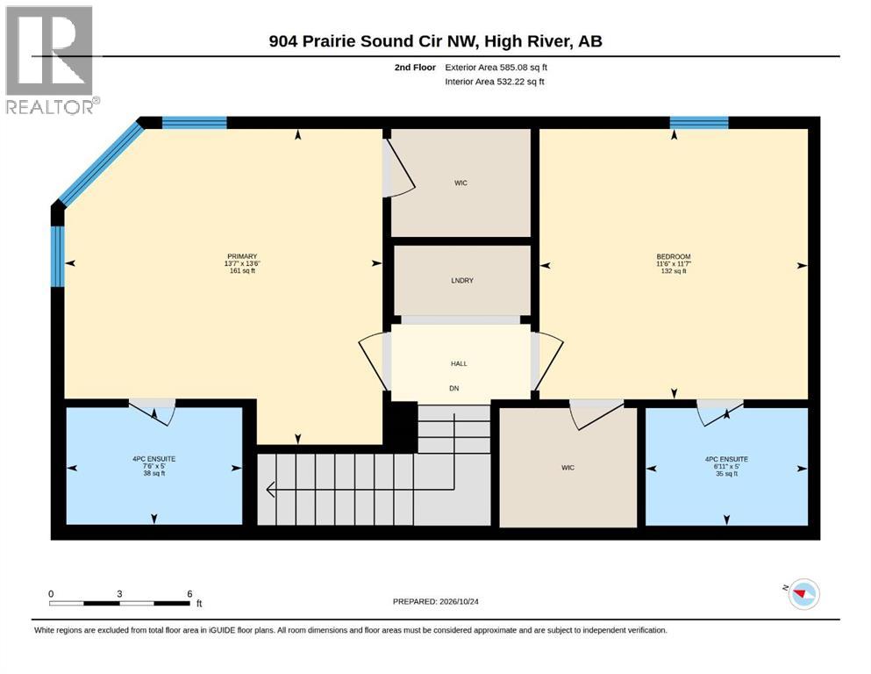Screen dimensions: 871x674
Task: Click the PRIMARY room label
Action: click(x=242, y=256)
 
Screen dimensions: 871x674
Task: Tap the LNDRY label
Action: click(x=462, y=281)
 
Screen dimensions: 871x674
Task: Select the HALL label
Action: click(x=459, y=363)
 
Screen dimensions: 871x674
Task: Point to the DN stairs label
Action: click(x=453, y=389)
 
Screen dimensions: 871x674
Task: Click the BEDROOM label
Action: click(x=674, y=257)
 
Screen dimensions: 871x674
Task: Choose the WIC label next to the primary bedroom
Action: click(x=460, y=183)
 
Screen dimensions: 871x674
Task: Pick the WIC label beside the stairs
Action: click(x=568, y=467)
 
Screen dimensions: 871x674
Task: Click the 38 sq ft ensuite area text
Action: click(x=153, y=473)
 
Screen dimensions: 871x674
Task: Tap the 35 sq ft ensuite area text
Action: click(x=726, y=474)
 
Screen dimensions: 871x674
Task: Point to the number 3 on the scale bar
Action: click(x=119, y=593)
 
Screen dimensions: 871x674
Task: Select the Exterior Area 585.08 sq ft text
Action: click(x=496, y=68)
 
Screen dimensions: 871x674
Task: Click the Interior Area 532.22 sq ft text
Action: click(x=495, y=82)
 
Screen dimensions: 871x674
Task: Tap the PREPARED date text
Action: click(x=435, y=601)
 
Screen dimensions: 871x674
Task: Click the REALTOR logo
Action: click(x=53, y=60)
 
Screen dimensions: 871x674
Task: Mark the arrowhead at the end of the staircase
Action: click(x=271, y=490)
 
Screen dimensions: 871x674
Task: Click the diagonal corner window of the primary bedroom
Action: click(x=99, y=164)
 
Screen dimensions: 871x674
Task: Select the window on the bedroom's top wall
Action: click(x=699, y=123)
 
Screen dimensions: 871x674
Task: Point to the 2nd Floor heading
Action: click(x=415, y=68)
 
